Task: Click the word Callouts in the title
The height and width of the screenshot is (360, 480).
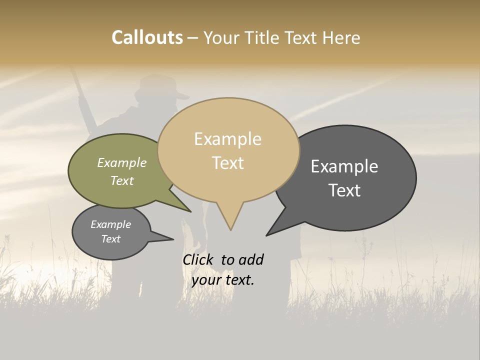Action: click(147, 37)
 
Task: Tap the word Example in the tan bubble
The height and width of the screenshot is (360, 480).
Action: click(227, 139)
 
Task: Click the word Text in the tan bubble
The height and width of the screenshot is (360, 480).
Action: click(227, 163)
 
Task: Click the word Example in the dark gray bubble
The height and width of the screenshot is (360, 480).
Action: click(344, 166)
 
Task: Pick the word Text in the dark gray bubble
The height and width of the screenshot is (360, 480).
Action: click(344, 190)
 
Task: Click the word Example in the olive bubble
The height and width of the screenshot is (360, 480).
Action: click(122, 163)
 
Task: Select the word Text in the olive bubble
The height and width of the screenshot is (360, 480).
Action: click(122, 180)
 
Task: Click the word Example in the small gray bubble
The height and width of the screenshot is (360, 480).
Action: click(110, 224)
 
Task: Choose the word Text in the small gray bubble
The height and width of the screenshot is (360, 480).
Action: click(110, 239)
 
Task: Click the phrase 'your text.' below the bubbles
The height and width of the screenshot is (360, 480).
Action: click(222, 280)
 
